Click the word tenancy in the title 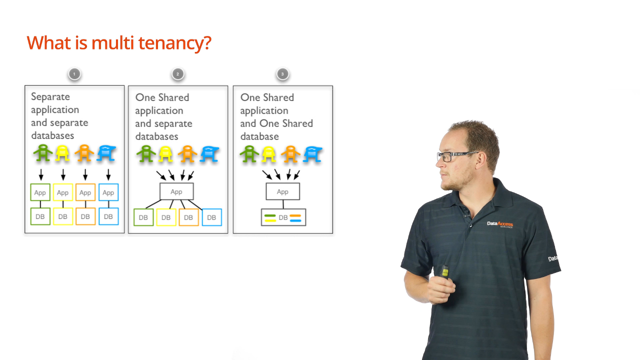click(x=175, y=43)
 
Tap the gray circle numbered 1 click(x=74, y=74)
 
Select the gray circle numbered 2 click(x=177, y=74)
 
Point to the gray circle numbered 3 click(x=282, y=74)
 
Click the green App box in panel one click(x=40, y=192)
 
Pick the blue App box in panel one click(x=108, y=192)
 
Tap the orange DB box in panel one click(x=85, y=216)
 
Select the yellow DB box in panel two click(x=166, y=217)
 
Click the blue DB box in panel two click(x=211, y=217)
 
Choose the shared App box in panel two click(x=176, y=191)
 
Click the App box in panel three click(x=283, y=191)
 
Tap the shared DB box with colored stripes click(x=283, y=217)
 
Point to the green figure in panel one click(x=43, y=153)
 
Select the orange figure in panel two click(x=187, y=154)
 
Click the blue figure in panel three click(x=312, y=154)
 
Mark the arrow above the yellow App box click(x=63, y=174)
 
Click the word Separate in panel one click(x=50, y=96)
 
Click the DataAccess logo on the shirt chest click(x=499, y=224)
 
